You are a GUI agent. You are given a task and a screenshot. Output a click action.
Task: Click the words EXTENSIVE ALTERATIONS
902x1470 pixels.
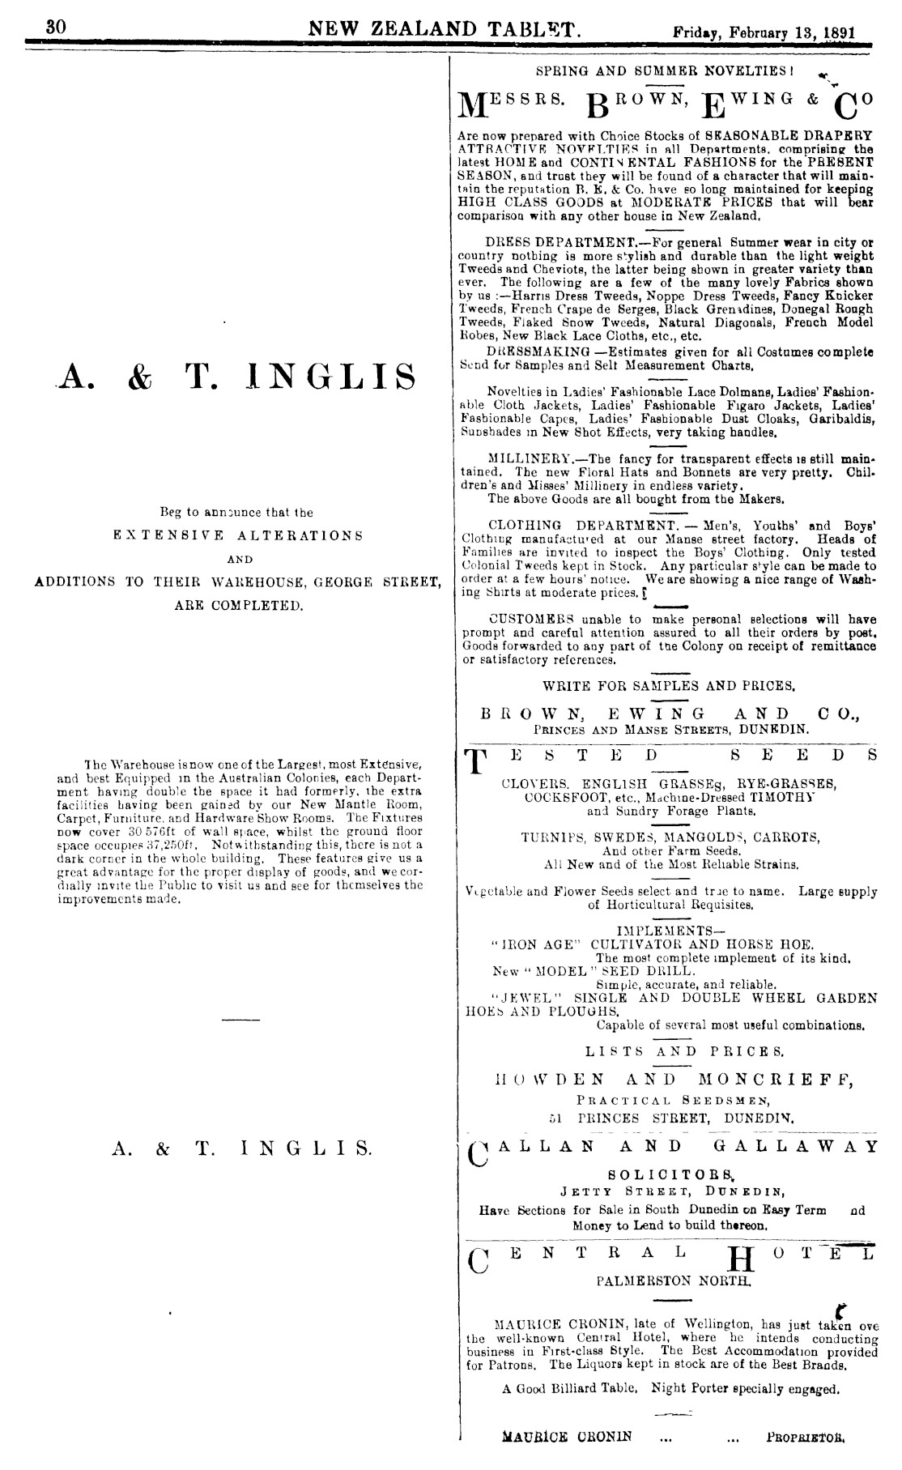[x=237, y=535]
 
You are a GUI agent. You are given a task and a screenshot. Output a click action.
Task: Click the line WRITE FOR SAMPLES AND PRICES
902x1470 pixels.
[x=669, y=685]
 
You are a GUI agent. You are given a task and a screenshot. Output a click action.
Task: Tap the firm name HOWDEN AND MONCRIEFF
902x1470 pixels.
[x=671, y=1080]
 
